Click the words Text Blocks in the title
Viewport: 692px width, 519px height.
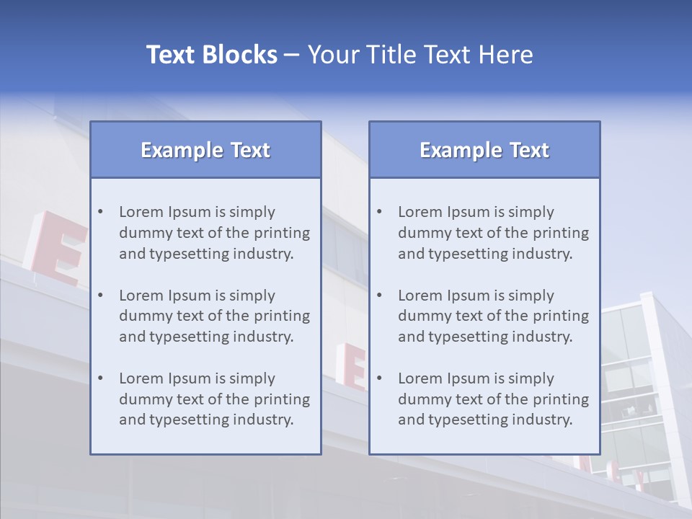point(211,55)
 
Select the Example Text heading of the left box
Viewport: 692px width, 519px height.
point(205,150)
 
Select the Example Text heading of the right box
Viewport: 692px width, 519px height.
point(484,150)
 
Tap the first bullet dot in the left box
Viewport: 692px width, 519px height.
point(100,212)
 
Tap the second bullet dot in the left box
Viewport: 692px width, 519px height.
point(100,296)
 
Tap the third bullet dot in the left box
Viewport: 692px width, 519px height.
point(100,378)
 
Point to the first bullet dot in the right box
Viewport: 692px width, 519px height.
point(379,212)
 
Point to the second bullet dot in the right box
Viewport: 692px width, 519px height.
point(379,296)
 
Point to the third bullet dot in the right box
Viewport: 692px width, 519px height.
point(379,378)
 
